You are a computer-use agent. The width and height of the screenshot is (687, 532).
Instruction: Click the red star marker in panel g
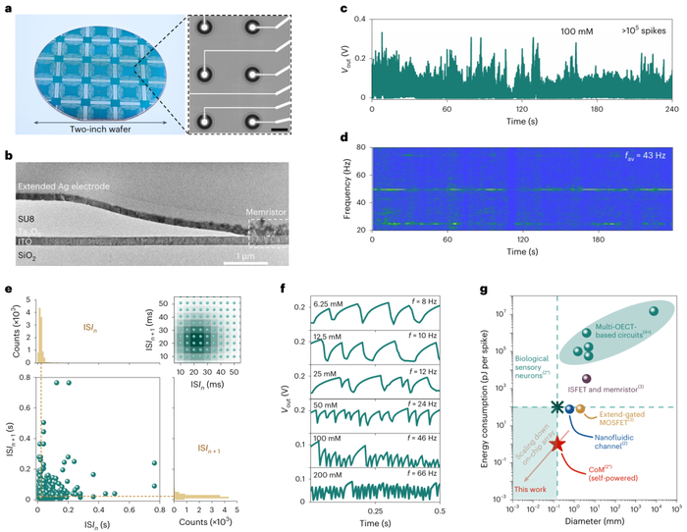coord(558,444)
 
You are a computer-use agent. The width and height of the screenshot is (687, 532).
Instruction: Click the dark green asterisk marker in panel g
coord(557,407)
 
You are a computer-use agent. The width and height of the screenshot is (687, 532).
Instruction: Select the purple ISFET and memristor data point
coord(587,379)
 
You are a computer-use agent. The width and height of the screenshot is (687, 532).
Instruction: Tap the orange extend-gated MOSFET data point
coord(580,408)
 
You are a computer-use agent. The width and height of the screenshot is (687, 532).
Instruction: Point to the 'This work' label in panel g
coord(532,488)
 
